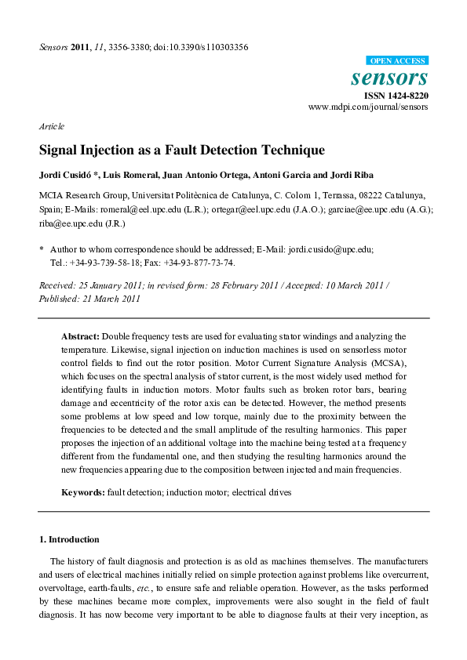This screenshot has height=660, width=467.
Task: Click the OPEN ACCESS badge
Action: pos(397,60)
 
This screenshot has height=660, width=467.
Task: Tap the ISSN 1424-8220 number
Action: pos(396,95)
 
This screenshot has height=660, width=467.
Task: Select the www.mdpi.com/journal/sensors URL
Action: pos(368,106)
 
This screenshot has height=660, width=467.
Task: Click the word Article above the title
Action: pos(51,126)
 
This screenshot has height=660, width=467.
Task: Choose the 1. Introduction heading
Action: pos(69,539)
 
